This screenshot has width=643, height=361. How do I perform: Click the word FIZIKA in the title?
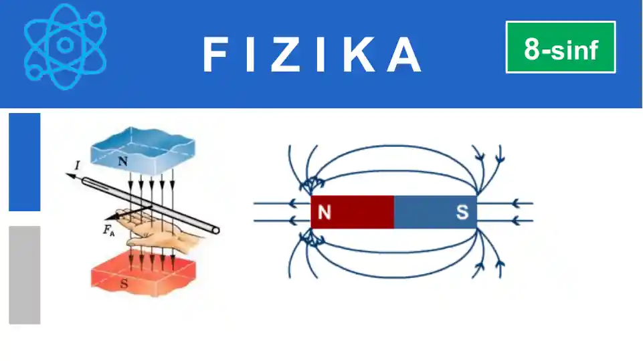[312, 54]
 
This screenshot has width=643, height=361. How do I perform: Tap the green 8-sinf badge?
[561, 47]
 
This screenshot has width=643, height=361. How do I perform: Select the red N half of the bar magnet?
[353, 212]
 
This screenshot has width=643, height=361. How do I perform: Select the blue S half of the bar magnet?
[435, 212]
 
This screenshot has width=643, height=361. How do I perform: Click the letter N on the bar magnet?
[325, 213]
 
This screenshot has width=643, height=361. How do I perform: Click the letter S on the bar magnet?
[462, 213]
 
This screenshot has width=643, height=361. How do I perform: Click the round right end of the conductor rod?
[215, 230]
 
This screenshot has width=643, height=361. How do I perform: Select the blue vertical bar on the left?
[25, 162]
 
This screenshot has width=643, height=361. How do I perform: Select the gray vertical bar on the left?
[25, 275]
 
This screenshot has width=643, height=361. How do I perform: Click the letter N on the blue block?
[122, 160]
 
